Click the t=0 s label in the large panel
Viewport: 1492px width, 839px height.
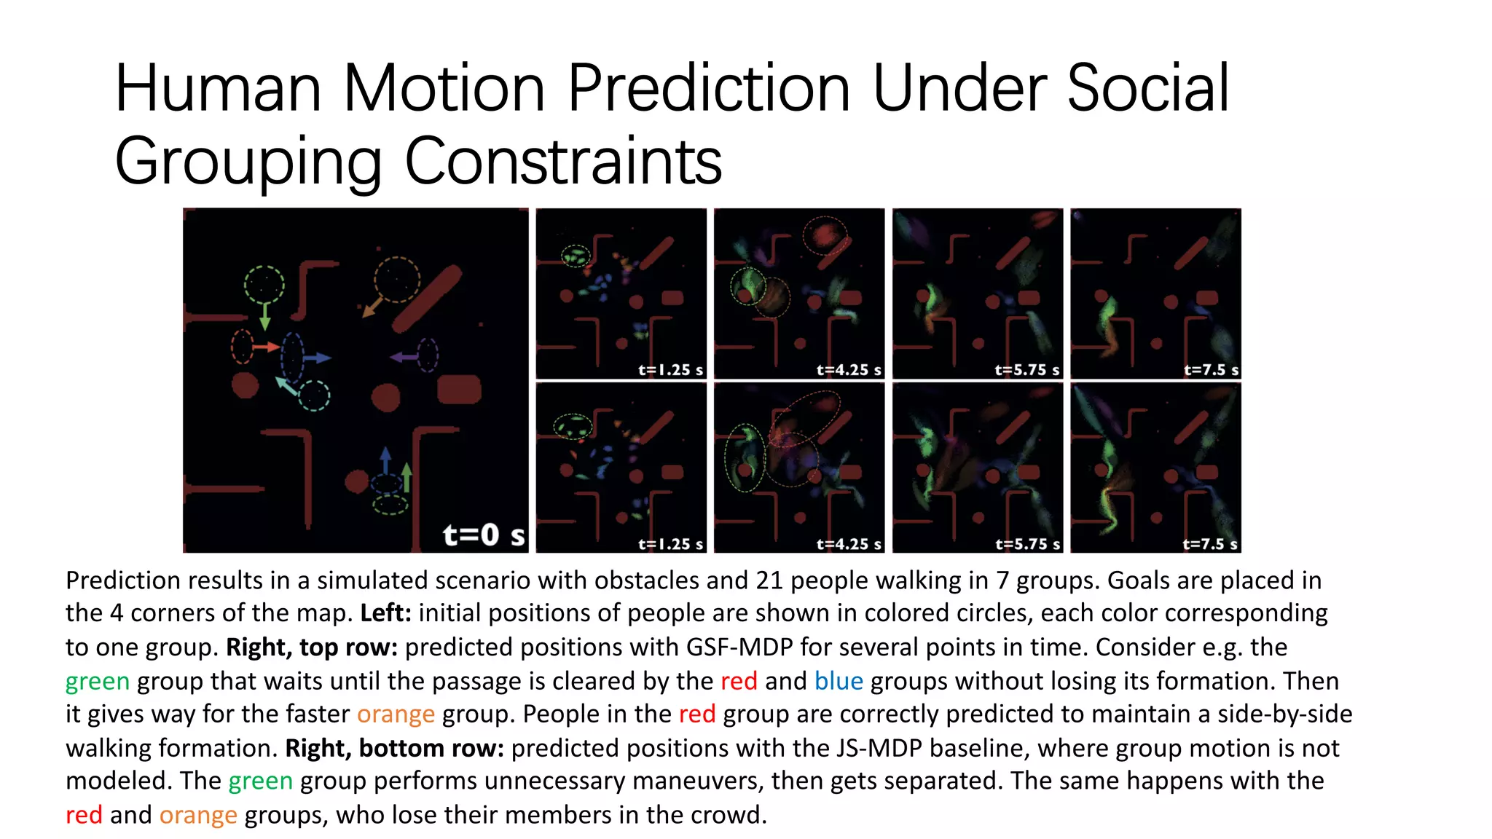(x=484, y=535)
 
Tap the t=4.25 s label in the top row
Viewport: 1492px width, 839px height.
(x=849, y=370)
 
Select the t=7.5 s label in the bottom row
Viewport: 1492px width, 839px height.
(x=1209, y=544)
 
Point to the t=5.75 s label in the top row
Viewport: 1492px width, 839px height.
(x=1027, y=370)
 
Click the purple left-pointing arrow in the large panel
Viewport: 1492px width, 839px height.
(x=404, y=357)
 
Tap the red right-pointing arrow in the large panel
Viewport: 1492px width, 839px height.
(x=267, y=347)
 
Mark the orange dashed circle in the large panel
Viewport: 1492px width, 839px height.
(x=397, y=279)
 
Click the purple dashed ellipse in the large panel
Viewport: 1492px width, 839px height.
(x=428, y=355)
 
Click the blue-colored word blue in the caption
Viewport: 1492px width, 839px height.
(x=839, y=681)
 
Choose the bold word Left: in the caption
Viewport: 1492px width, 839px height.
(x=386, y=613)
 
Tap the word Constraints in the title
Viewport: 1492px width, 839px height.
(x=562, y=161)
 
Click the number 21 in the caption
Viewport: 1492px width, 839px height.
(x=769, y=580)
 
